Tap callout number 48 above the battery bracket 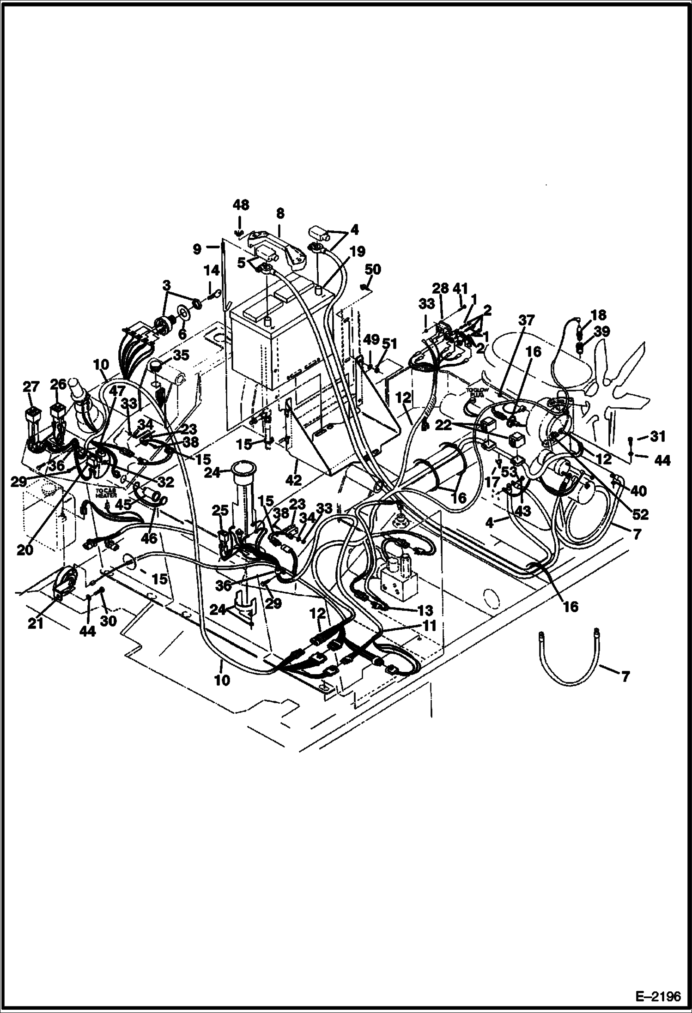click(x=240, y=205)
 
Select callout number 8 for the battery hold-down click(x=280, y=214)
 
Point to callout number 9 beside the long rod click(x=197, y=249)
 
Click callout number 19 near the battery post click(x=358, y=251)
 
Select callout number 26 click(x=58, y=384)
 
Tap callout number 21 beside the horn click(x=36, y=624)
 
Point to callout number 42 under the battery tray click(x=294, y=480)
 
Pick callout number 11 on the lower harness click(x=429, y=626)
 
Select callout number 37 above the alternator click(x=526, y=320)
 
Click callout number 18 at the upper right click(x=599, y=315)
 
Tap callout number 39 click(x=602, y=331)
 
